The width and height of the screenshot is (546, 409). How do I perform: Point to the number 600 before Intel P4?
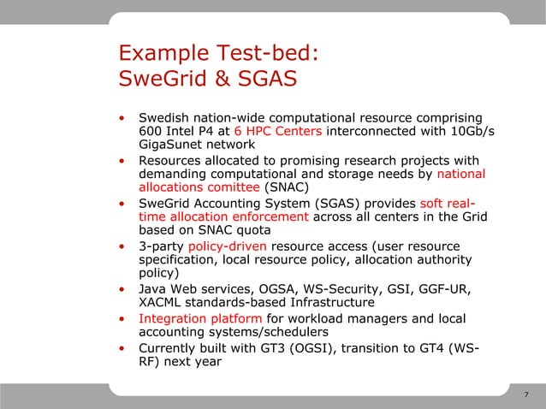coord(151,131)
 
